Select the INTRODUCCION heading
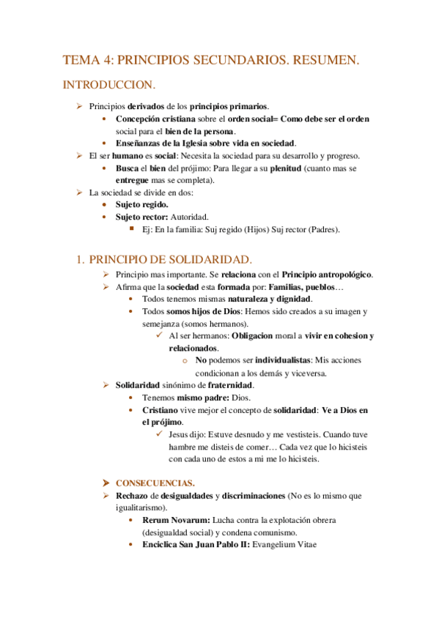tap(108, 85)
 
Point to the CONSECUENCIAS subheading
tap(155, 483)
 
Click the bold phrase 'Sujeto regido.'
tap(141, 204)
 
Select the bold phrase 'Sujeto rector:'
tap(141, 217)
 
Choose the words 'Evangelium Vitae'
tap(284, 545)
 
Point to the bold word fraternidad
tap(229, 384)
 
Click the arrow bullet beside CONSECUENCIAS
tap(106, 483)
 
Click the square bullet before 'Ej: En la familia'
tap(133, 228)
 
